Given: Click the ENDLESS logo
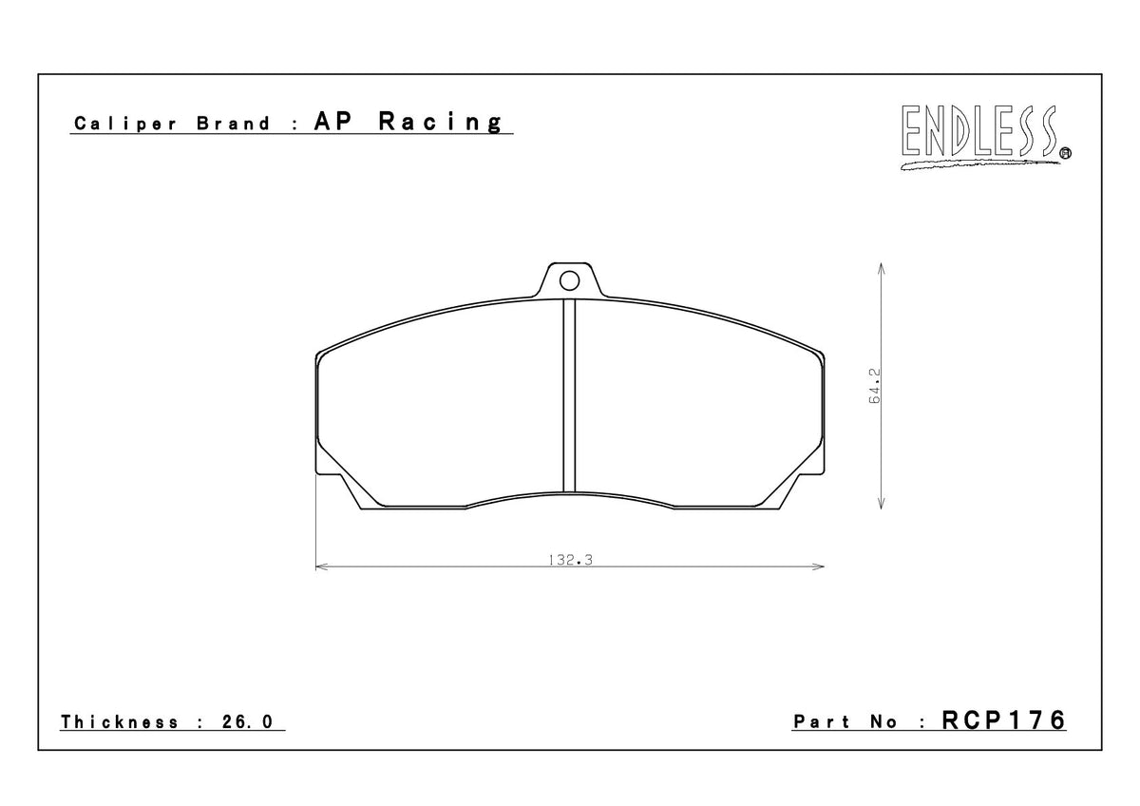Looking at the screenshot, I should [x=978, y=138].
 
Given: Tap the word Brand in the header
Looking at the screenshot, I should [x=233, y=124].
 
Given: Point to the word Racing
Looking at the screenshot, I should [x=440, y=122].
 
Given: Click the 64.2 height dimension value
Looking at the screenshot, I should [x=874, y=387].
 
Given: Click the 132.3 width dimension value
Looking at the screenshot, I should [x=570, y=560].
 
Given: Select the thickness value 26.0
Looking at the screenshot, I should [x=250, y=722].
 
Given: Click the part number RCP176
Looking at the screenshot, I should [x=1003, y=720].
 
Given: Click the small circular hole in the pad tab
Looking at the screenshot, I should [x=569, y=280].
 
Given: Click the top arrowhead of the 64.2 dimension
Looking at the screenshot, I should [x=883, y=269].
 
